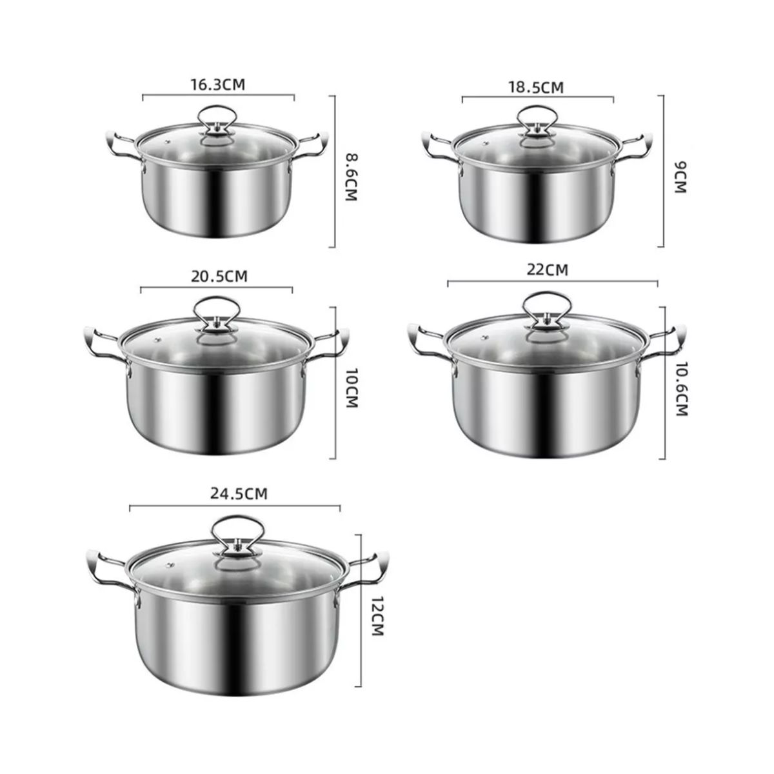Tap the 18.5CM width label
(x=535, y=87)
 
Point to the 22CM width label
(x=548, y=270)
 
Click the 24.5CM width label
(x=239, y=494)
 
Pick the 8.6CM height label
(x=352, y=177)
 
